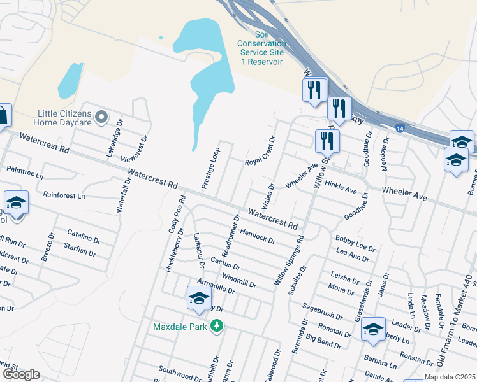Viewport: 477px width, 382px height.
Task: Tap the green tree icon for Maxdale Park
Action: click(x=217, y=326)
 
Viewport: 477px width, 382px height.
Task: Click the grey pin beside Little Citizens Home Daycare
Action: click(x=101, y=118)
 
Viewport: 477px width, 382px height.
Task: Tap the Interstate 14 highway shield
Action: click(x=399, y=129)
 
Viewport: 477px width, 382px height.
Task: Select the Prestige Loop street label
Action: click(x=210, y=168)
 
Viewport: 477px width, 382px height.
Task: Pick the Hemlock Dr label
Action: click(x=258, y=236)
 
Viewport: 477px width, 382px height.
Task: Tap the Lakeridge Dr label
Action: click(x=114, y=142)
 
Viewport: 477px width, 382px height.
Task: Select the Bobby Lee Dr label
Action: click(x=355, y=242)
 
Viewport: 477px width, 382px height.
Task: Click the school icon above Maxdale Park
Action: click(x=199, y=298)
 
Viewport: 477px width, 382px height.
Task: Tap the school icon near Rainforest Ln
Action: click(x=16, y=202)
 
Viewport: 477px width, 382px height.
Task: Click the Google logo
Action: click(x=21, y=374)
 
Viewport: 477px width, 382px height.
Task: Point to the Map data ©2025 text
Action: click(x=450, y=377)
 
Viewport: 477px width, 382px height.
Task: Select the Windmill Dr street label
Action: click(x=239, y=280)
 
